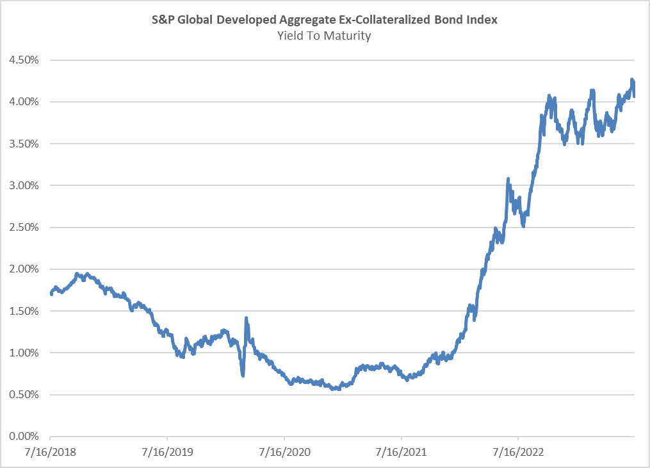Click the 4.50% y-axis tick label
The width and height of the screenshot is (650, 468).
click(24, 60)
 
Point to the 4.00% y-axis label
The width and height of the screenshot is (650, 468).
click(24, 102)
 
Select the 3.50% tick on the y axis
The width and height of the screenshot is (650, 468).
click(24, 144)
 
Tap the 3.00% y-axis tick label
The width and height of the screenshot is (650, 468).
click(24, 185)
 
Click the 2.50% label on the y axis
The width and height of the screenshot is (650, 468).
click(24, 228)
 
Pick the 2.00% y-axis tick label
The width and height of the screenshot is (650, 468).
click(24, 269)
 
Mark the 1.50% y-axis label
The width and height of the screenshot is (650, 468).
click(24, 311)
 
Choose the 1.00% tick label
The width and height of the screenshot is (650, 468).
click(24, 353)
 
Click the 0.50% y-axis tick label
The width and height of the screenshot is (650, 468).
click(24, 394)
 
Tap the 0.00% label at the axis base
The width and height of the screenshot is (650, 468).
click(24, 437)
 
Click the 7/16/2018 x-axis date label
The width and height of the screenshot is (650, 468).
click(50, 452)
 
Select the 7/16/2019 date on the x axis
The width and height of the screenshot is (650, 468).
click(168, 452)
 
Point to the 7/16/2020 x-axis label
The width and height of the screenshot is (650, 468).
click(284, 452)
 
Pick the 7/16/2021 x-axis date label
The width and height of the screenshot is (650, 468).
click(402, 452)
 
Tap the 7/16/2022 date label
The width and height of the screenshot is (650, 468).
click(518, 452)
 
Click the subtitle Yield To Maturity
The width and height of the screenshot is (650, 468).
click(324, 36)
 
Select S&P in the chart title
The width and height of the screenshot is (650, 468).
click(163, 19)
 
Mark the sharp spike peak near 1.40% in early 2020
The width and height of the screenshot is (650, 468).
click(247, 318)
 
